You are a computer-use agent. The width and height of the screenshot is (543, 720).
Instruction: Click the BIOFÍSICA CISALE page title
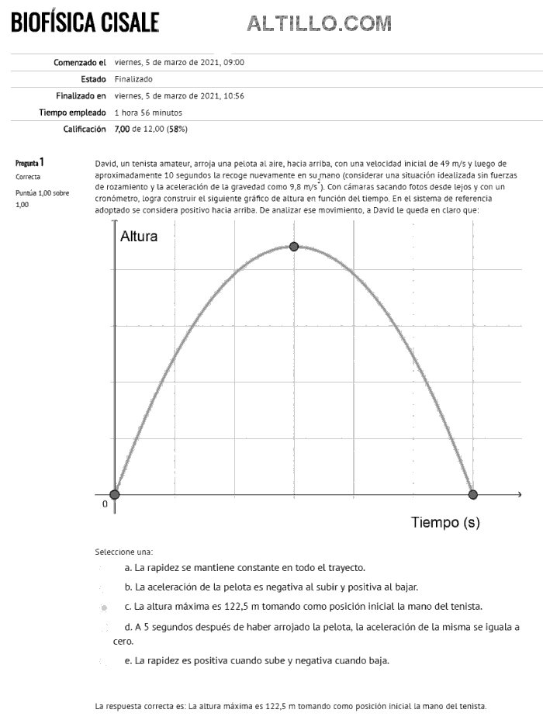point(85,22)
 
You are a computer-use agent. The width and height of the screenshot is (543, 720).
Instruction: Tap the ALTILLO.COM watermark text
point(319,25)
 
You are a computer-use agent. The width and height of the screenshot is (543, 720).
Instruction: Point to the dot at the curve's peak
point(293,246)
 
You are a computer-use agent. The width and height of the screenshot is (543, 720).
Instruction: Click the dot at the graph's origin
point(115,494)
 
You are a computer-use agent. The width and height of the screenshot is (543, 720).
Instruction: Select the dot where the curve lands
point(472,494)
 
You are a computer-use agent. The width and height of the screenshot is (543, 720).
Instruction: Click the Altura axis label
point(139,237)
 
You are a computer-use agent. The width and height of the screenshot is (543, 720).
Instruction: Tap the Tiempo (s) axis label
point(445,522)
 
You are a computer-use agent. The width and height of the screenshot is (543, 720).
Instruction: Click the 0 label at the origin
point(105,504)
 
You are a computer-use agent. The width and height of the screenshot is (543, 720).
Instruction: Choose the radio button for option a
point(103,569)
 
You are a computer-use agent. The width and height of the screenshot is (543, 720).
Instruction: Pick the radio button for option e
point(103,662)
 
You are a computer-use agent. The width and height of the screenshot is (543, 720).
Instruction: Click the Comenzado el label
point(80,62)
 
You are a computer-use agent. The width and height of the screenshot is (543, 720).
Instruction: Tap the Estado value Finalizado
point(133,79)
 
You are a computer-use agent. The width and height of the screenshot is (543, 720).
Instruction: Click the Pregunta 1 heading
point(29,163)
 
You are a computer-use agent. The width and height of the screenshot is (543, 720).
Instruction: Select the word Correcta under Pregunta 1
point(28,177)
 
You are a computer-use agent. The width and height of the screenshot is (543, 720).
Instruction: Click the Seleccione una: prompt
point(123,552)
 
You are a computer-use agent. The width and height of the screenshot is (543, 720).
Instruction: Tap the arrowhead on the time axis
point(519,494)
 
